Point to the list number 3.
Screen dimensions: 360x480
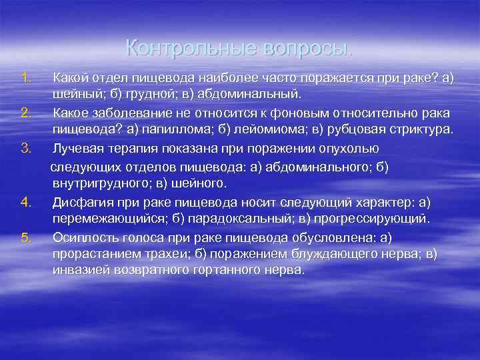[27, 147]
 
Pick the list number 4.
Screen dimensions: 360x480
[27, 201]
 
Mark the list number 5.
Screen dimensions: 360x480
[27, 237]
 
